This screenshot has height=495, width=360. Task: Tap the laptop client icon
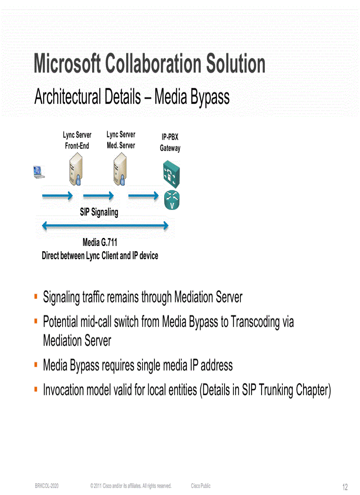(x=39, y=172)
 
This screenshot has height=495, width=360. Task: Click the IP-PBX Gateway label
(x=170, y=143)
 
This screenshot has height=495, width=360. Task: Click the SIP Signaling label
(x=99, y=212)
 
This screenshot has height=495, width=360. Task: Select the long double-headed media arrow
(x=105, y=226)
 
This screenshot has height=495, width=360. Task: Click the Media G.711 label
(x=100, y=242)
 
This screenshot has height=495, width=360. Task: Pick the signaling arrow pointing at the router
(x=143, y=195)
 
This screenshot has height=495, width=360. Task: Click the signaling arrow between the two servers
(x=98, y=195)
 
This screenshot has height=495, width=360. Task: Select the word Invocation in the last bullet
(x=63, y=390)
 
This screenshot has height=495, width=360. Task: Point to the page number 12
(x=345, y=487)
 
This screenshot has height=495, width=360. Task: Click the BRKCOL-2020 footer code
(x=47, y=486)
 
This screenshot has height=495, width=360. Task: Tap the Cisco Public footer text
(x=201, y=486)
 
